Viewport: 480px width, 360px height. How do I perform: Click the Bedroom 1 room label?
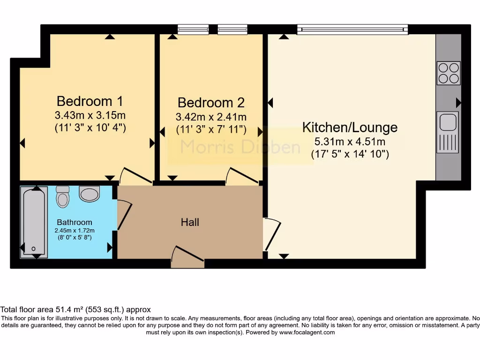90,101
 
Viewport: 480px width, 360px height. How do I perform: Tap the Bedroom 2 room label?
211,103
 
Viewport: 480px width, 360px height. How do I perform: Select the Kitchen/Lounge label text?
350,127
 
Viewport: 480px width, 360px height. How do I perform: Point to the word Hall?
190,222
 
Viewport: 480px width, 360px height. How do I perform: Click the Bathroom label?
75,222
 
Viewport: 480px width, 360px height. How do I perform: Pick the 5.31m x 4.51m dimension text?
350,142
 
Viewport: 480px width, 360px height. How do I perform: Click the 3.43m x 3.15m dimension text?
90,115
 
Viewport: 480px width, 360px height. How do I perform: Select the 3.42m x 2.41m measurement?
211,117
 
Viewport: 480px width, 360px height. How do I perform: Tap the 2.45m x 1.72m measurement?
75,230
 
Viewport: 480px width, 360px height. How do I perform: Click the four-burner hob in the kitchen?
449,73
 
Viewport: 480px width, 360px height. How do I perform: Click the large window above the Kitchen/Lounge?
352,30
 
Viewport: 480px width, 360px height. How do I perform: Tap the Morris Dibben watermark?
240,147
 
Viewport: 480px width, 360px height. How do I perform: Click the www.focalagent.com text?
307,332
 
